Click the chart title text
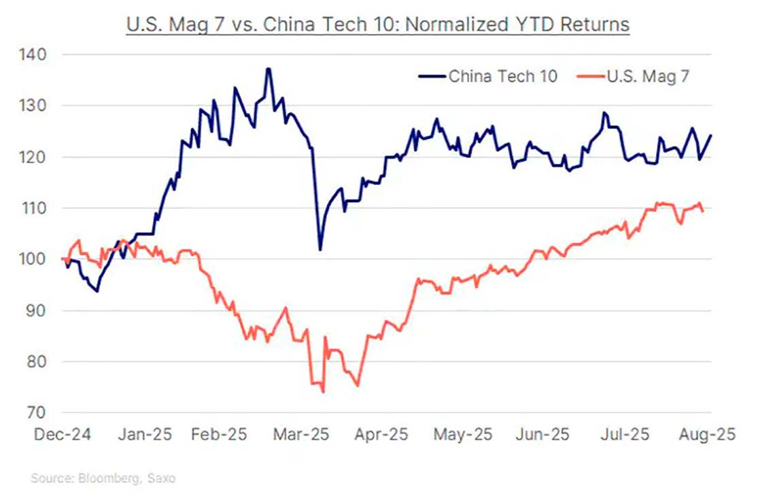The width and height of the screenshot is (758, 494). (378, 25)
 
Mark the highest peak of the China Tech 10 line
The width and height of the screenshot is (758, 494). (269, 69)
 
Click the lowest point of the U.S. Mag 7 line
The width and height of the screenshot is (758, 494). (323, 392)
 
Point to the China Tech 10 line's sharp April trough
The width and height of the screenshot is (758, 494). (320, 250)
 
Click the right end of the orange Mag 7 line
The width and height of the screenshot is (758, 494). (702, 212)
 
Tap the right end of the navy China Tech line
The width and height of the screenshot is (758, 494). (711, 135)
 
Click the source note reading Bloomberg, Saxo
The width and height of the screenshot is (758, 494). (103, 478)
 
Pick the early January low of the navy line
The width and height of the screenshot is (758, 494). (97, 291)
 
